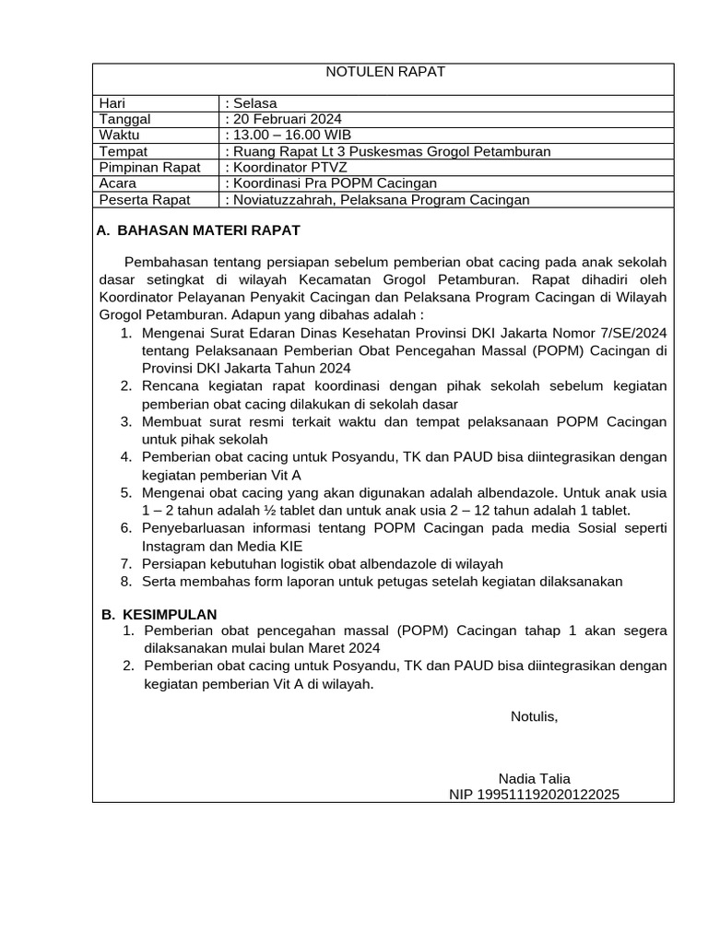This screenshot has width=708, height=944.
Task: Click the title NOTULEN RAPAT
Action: (x=387, y=72)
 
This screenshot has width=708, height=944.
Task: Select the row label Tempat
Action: (x=123, y=151)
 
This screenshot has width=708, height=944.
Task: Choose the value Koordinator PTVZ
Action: (x=289, y=167)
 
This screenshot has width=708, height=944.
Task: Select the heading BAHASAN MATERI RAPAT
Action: (x=208, y=230)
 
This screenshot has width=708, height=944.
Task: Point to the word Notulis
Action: (x=534, y=716)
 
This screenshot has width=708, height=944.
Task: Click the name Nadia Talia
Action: (x=534, y=778)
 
